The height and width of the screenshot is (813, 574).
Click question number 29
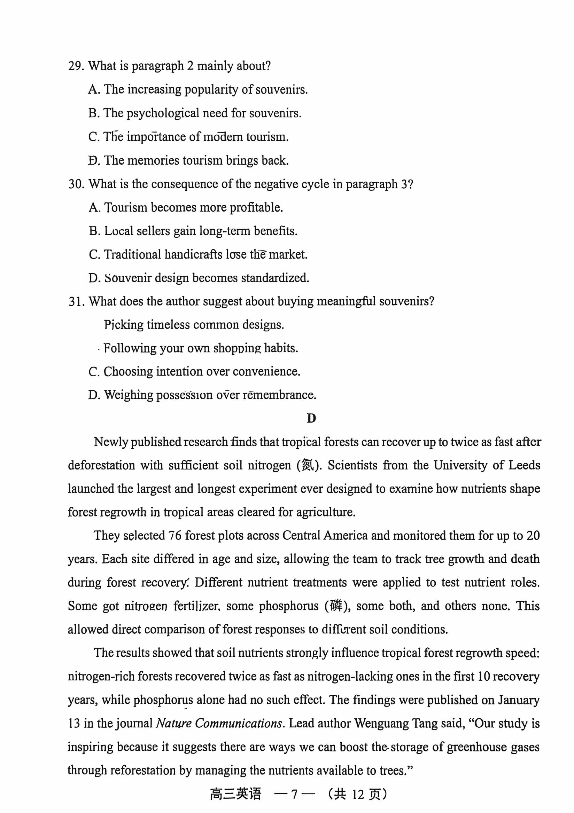(76, 66)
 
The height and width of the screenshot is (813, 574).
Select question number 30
(76, 184)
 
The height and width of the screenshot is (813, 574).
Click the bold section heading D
(311, 419)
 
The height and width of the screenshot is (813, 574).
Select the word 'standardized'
(275, 278)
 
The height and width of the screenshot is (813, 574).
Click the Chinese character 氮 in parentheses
(307, 465)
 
